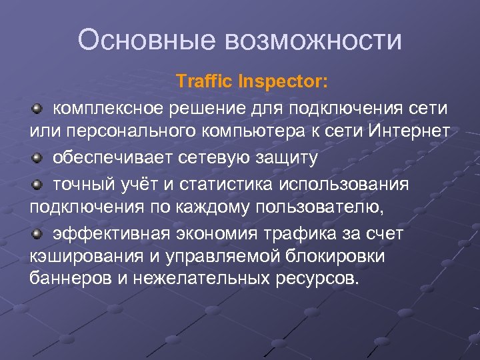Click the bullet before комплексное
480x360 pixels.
pos(39,107)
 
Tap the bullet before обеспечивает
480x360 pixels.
pos(39,158)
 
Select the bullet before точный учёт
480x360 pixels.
pos(39,183)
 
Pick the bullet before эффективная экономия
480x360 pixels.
pos(39,234)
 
